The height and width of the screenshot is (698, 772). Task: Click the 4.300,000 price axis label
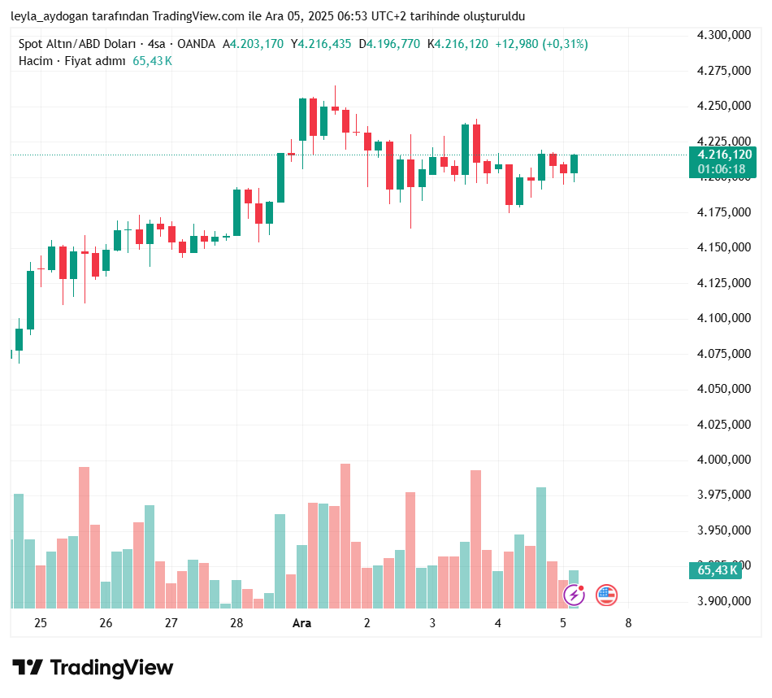[x=724, y=35]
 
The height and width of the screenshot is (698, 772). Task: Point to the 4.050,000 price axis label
[x=724, y=389]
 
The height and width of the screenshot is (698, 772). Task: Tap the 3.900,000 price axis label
[x=724, y=601]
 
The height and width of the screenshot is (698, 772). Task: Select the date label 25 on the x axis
[x=41, y=623]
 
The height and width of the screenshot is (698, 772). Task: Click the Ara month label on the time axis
[x=301, y=623]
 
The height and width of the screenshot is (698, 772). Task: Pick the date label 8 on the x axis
[x=628, y=623]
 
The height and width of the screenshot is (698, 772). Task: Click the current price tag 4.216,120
[x=721, y=155]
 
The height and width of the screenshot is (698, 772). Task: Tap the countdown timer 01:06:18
[x=721, y=169]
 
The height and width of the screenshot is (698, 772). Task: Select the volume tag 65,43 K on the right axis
[x=718, y=570]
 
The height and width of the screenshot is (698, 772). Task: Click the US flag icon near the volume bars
[x=606, y=595]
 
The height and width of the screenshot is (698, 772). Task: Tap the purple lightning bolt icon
[x=575, y=595]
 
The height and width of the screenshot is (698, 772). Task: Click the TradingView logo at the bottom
[x=93, y=668]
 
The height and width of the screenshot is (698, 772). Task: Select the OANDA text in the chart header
[x=197, y=44]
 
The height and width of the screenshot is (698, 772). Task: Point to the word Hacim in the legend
[x=36, y=61]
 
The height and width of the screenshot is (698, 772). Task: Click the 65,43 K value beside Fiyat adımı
[x=152, y=61]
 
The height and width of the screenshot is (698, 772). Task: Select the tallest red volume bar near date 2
[x=345, y=535]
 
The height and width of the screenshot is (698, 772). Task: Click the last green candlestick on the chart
[x=574, y=164]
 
